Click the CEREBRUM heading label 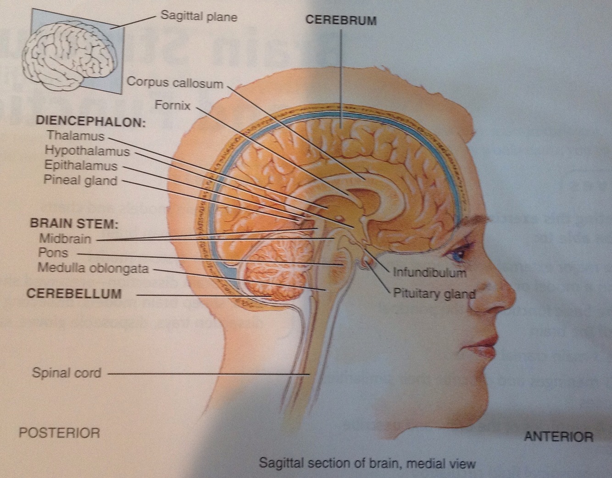click(x=341, y=21)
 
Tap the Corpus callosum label click(x=175, y=83)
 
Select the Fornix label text click(x=172, y=105)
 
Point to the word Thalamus click(x=75, y=136)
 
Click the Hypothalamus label click(x=87, y=150)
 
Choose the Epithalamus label click(x=81, y=166)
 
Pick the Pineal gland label click(x=80, y=180)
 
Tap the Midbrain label click(x=65, y=239)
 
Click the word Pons click(x=53, y=253)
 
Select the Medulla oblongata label click(x=93, y=267)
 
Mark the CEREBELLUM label click(x=74, y=294)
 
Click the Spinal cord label click(x=67, y=372)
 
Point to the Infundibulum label click(x=429, y=272)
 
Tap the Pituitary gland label click(x=434, y=293)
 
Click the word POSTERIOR click(x=59, y=433)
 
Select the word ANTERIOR click(x=558, y=436)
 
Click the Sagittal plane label click(x=199, y=17)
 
